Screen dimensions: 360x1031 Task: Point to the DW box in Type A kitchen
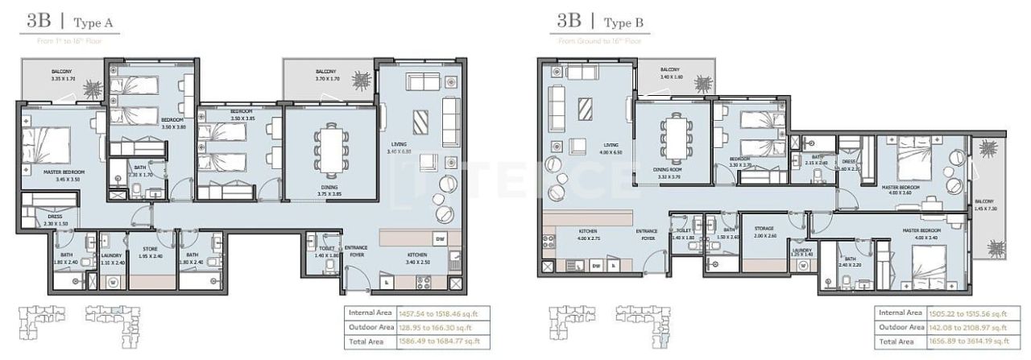440,239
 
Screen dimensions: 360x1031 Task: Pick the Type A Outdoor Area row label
371,326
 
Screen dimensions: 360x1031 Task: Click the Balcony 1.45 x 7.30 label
984,205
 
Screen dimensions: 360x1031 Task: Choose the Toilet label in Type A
326,251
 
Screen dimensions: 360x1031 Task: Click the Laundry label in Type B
801,251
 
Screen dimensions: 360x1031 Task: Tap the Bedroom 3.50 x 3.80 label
174,123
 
